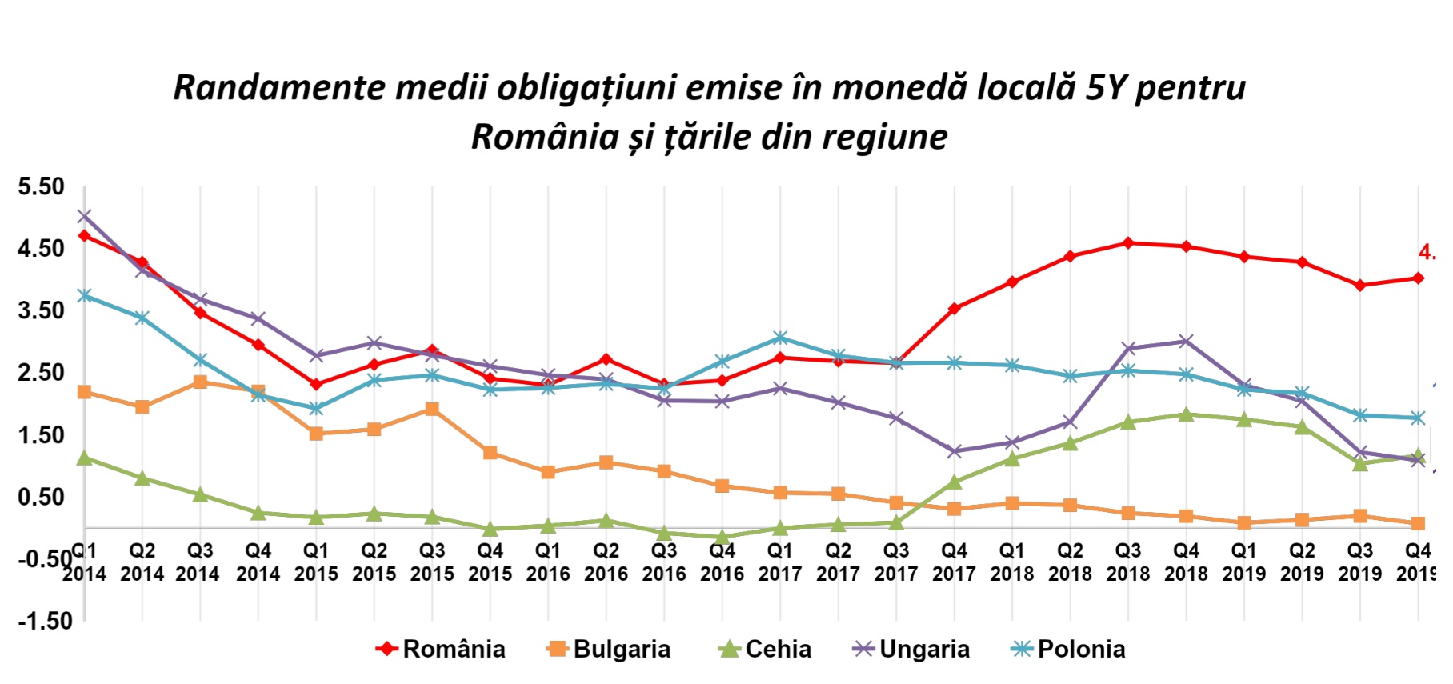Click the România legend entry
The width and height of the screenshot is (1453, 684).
tap(441, 649)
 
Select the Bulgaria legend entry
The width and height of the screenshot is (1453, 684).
tap(609, 649)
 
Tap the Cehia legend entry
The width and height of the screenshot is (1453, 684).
tap(765, 649)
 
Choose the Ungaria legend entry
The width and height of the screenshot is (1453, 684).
tap(911, 649)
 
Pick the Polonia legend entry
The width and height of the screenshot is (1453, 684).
tap(1068, 649)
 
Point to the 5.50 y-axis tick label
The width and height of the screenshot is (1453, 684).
tap(41, 186)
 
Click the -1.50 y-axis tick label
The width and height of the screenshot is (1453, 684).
tap(45, 621)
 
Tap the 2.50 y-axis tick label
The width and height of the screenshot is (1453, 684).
tap(41, 373)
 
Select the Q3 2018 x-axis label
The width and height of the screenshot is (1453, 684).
tap(1128, 562)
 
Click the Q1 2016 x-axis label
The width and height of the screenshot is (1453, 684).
tap(548, 562)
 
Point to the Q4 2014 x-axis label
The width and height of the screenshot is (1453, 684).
tap(258, 562)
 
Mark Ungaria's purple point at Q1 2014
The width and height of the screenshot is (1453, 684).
tap(84, 216)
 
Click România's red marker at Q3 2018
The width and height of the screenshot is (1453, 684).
tap(1128, 243)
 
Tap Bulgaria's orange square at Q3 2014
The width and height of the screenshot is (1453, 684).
tap(200, 382)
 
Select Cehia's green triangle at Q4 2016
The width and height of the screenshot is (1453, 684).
tap(722, 538)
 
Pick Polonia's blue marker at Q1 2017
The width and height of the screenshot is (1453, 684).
tap(780, 338)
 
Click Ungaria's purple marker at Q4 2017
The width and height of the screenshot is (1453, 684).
tap(954, 451)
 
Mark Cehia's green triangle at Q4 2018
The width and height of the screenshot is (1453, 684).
tap(1186, 414)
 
